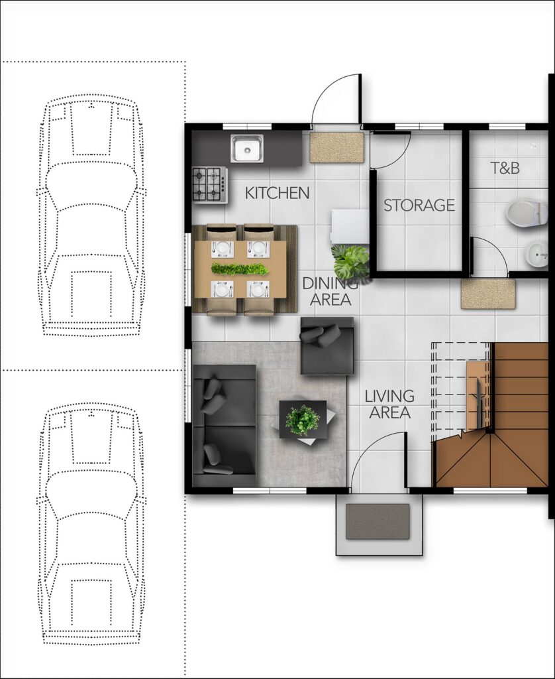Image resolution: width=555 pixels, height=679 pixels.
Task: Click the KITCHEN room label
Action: pos(277,193)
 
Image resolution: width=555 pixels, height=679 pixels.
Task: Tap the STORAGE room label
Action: pos(419,205)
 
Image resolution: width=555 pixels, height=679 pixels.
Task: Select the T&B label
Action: pos(505,168)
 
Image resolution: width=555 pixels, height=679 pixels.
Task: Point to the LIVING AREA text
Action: pos(389,404)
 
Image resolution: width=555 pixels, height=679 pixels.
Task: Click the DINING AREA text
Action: pos(330,291)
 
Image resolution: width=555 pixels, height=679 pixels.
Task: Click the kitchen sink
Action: pos(247,149)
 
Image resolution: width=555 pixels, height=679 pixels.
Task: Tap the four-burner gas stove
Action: pos(210,184)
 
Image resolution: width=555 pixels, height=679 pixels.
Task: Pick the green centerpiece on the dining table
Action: pos(240,269)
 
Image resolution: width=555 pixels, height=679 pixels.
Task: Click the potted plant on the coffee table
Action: pos(303,419)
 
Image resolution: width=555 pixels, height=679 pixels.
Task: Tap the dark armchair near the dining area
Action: pos(327,345)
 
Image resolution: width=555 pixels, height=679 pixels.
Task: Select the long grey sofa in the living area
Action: pos(225,425)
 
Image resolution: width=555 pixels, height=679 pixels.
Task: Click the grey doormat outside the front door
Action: pos(378,521)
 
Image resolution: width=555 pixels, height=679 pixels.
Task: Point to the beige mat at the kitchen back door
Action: pos(337,148)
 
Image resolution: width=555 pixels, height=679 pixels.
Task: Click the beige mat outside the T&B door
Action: pos(489,294)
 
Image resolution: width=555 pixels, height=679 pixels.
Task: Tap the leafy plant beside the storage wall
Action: pos(350,262)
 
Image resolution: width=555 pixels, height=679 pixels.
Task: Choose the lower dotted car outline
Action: pos(91,523)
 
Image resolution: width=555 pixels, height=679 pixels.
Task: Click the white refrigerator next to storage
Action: pos(350,227)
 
